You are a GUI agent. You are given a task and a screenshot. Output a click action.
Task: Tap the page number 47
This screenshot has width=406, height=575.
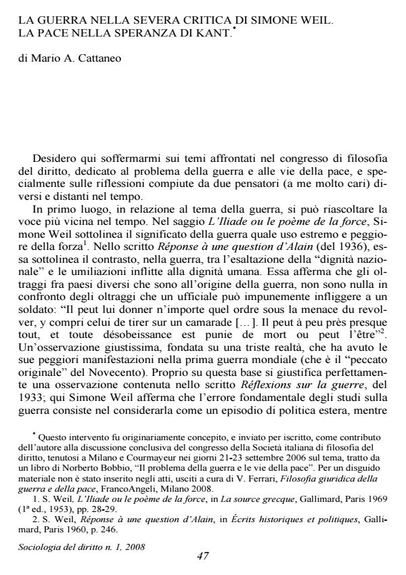click(x=202, y=556)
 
